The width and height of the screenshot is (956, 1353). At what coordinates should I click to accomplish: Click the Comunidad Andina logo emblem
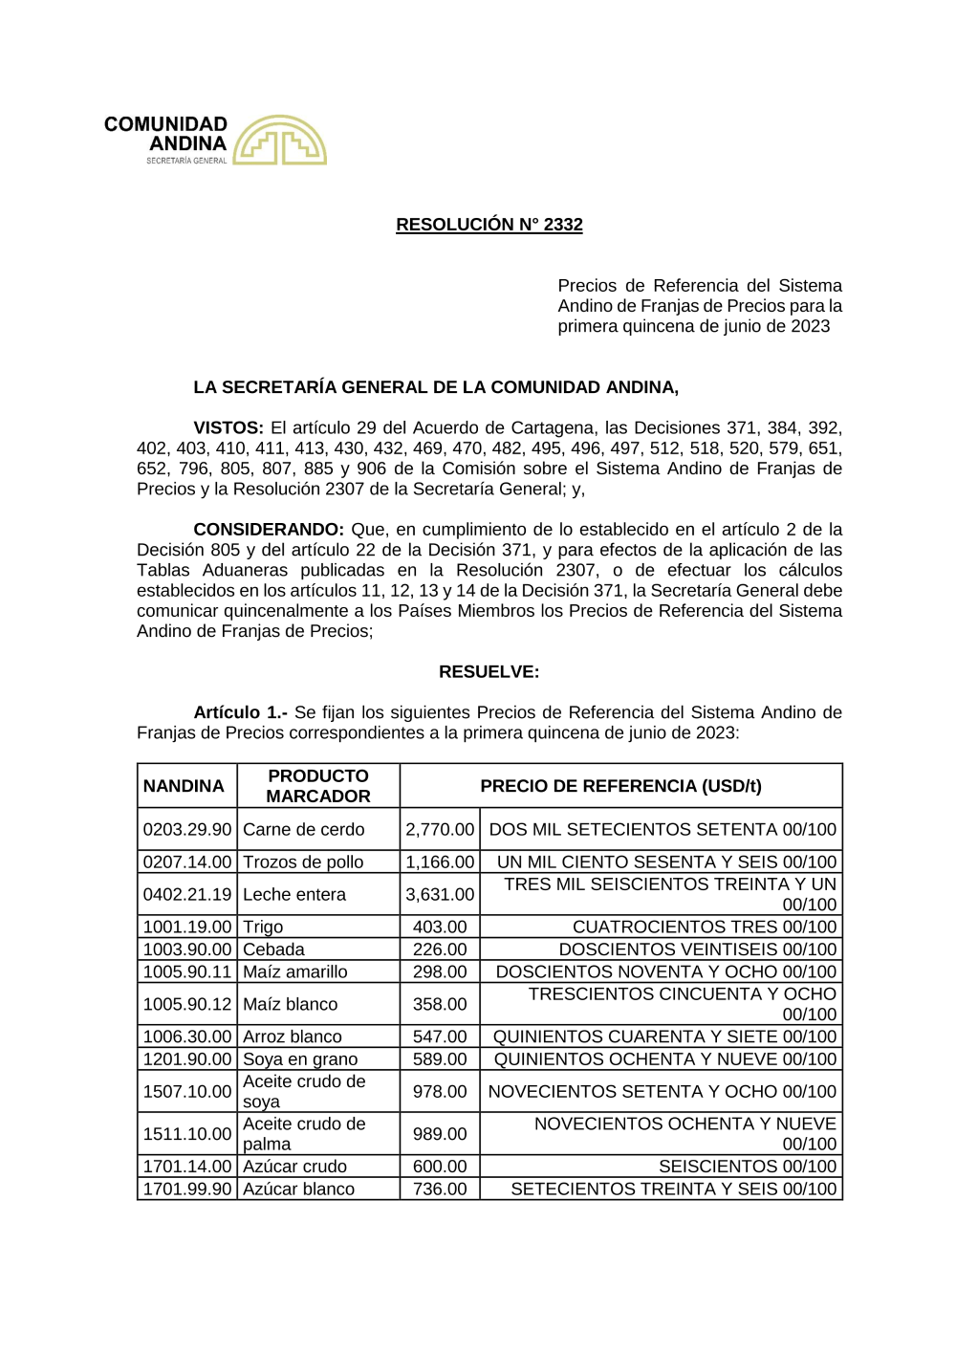[279, 141]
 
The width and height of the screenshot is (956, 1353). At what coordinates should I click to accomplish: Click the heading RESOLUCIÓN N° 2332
[489, 225]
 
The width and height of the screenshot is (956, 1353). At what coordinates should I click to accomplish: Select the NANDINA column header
[184, 786]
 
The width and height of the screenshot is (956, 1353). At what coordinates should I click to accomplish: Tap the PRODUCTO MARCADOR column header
[317, 786]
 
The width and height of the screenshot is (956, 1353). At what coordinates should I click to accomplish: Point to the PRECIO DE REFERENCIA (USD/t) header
[620, 786]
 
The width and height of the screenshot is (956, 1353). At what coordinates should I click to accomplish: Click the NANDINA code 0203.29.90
[187, 830]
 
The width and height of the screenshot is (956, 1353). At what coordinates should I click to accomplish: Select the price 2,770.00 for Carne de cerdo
[440, 830]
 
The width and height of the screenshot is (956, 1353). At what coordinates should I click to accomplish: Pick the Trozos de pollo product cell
[303, 862]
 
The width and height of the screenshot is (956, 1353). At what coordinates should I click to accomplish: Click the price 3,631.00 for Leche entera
[440, 895]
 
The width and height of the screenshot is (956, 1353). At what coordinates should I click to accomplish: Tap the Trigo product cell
[263, 927]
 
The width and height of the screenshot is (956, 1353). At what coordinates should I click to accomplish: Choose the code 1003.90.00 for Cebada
[187, 949]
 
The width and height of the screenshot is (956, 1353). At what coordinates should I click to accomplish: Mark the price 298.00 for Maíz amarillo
[440, 972]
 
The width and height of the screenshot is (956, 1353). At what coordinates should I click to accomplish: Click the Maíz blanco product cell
[290, 1005]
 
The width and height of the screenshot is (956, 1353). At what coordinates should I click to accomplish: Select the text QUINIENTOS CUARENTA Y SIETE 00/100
[664, 1037]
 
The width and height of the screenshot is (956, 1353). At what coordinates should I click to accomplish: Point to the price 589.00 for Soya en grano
[440, 1059]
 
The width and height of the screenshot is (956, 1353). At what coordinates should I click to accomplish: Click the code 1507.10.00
[187, 1092]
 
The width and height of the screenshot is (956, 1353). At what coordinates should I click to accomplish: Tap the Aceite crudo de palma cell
[304, 1134]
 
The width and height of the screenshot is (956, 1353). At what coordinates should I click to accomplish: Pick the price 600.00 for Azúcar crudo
[440, 1167]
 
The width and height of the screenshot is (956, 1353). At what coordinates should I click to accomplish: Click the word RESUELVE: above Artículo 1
[489, 672]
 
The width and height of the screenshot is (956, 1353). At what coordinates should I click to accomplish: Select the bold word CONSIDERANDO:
[268, 530]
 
